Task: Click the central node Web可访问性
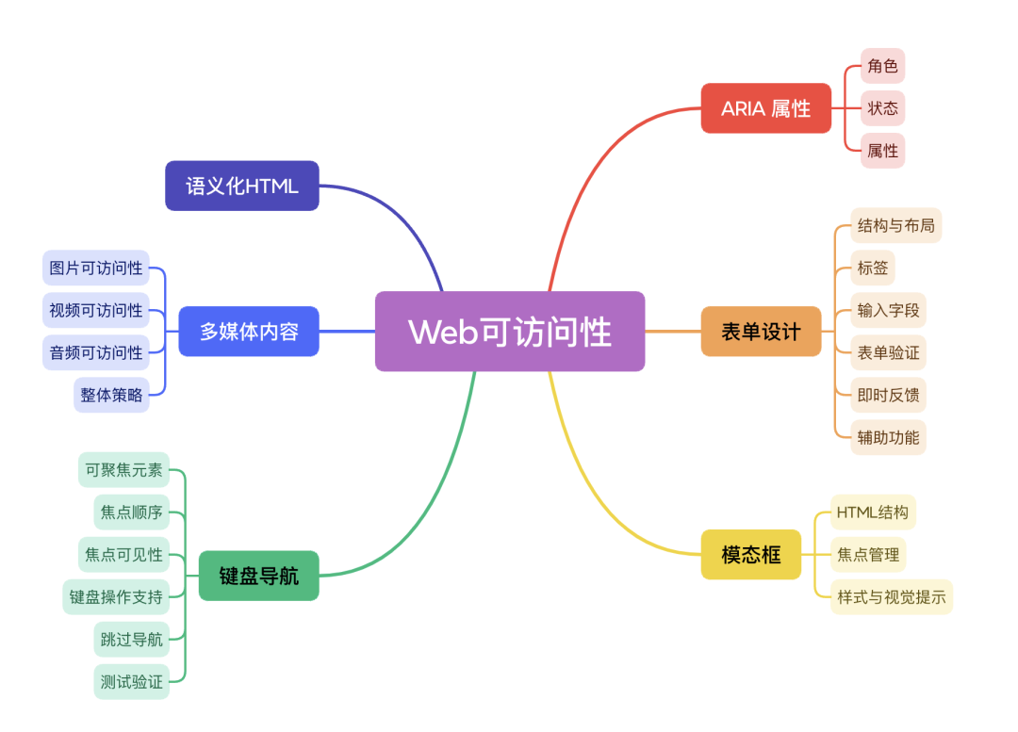pos(510,332)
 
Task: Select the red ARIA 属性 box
pos(765,108)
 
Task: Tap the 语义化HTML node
pos(242,186)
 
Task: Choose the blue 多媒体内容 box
pos(249,332)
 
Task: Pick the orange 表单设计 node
pos(761,332)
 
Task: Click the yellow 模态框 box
pos(751,554)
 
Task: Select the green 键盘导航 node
pos(258,576)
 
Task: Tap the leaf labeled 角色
pos(883,66)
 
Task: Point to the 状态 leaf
pos(883,108)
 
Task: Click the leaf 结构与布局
pos(896,226)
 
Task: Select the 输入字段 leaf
pos(888,310)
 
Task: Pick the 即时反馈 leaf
pos(888,395)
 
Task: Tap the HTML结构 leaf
pos(873,512)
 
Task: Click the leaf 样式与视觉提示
pos(892,596)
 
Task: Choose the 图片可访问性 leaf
pos(96,268)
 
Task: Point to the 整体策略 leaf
pos(111,395)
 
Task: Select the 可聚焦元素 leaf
pos(123,470)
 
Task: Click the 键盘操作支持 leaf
pos(116,596)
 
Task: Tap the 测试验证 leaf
pos(132,681)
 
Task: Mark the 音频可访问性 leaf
pos(96,352)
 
